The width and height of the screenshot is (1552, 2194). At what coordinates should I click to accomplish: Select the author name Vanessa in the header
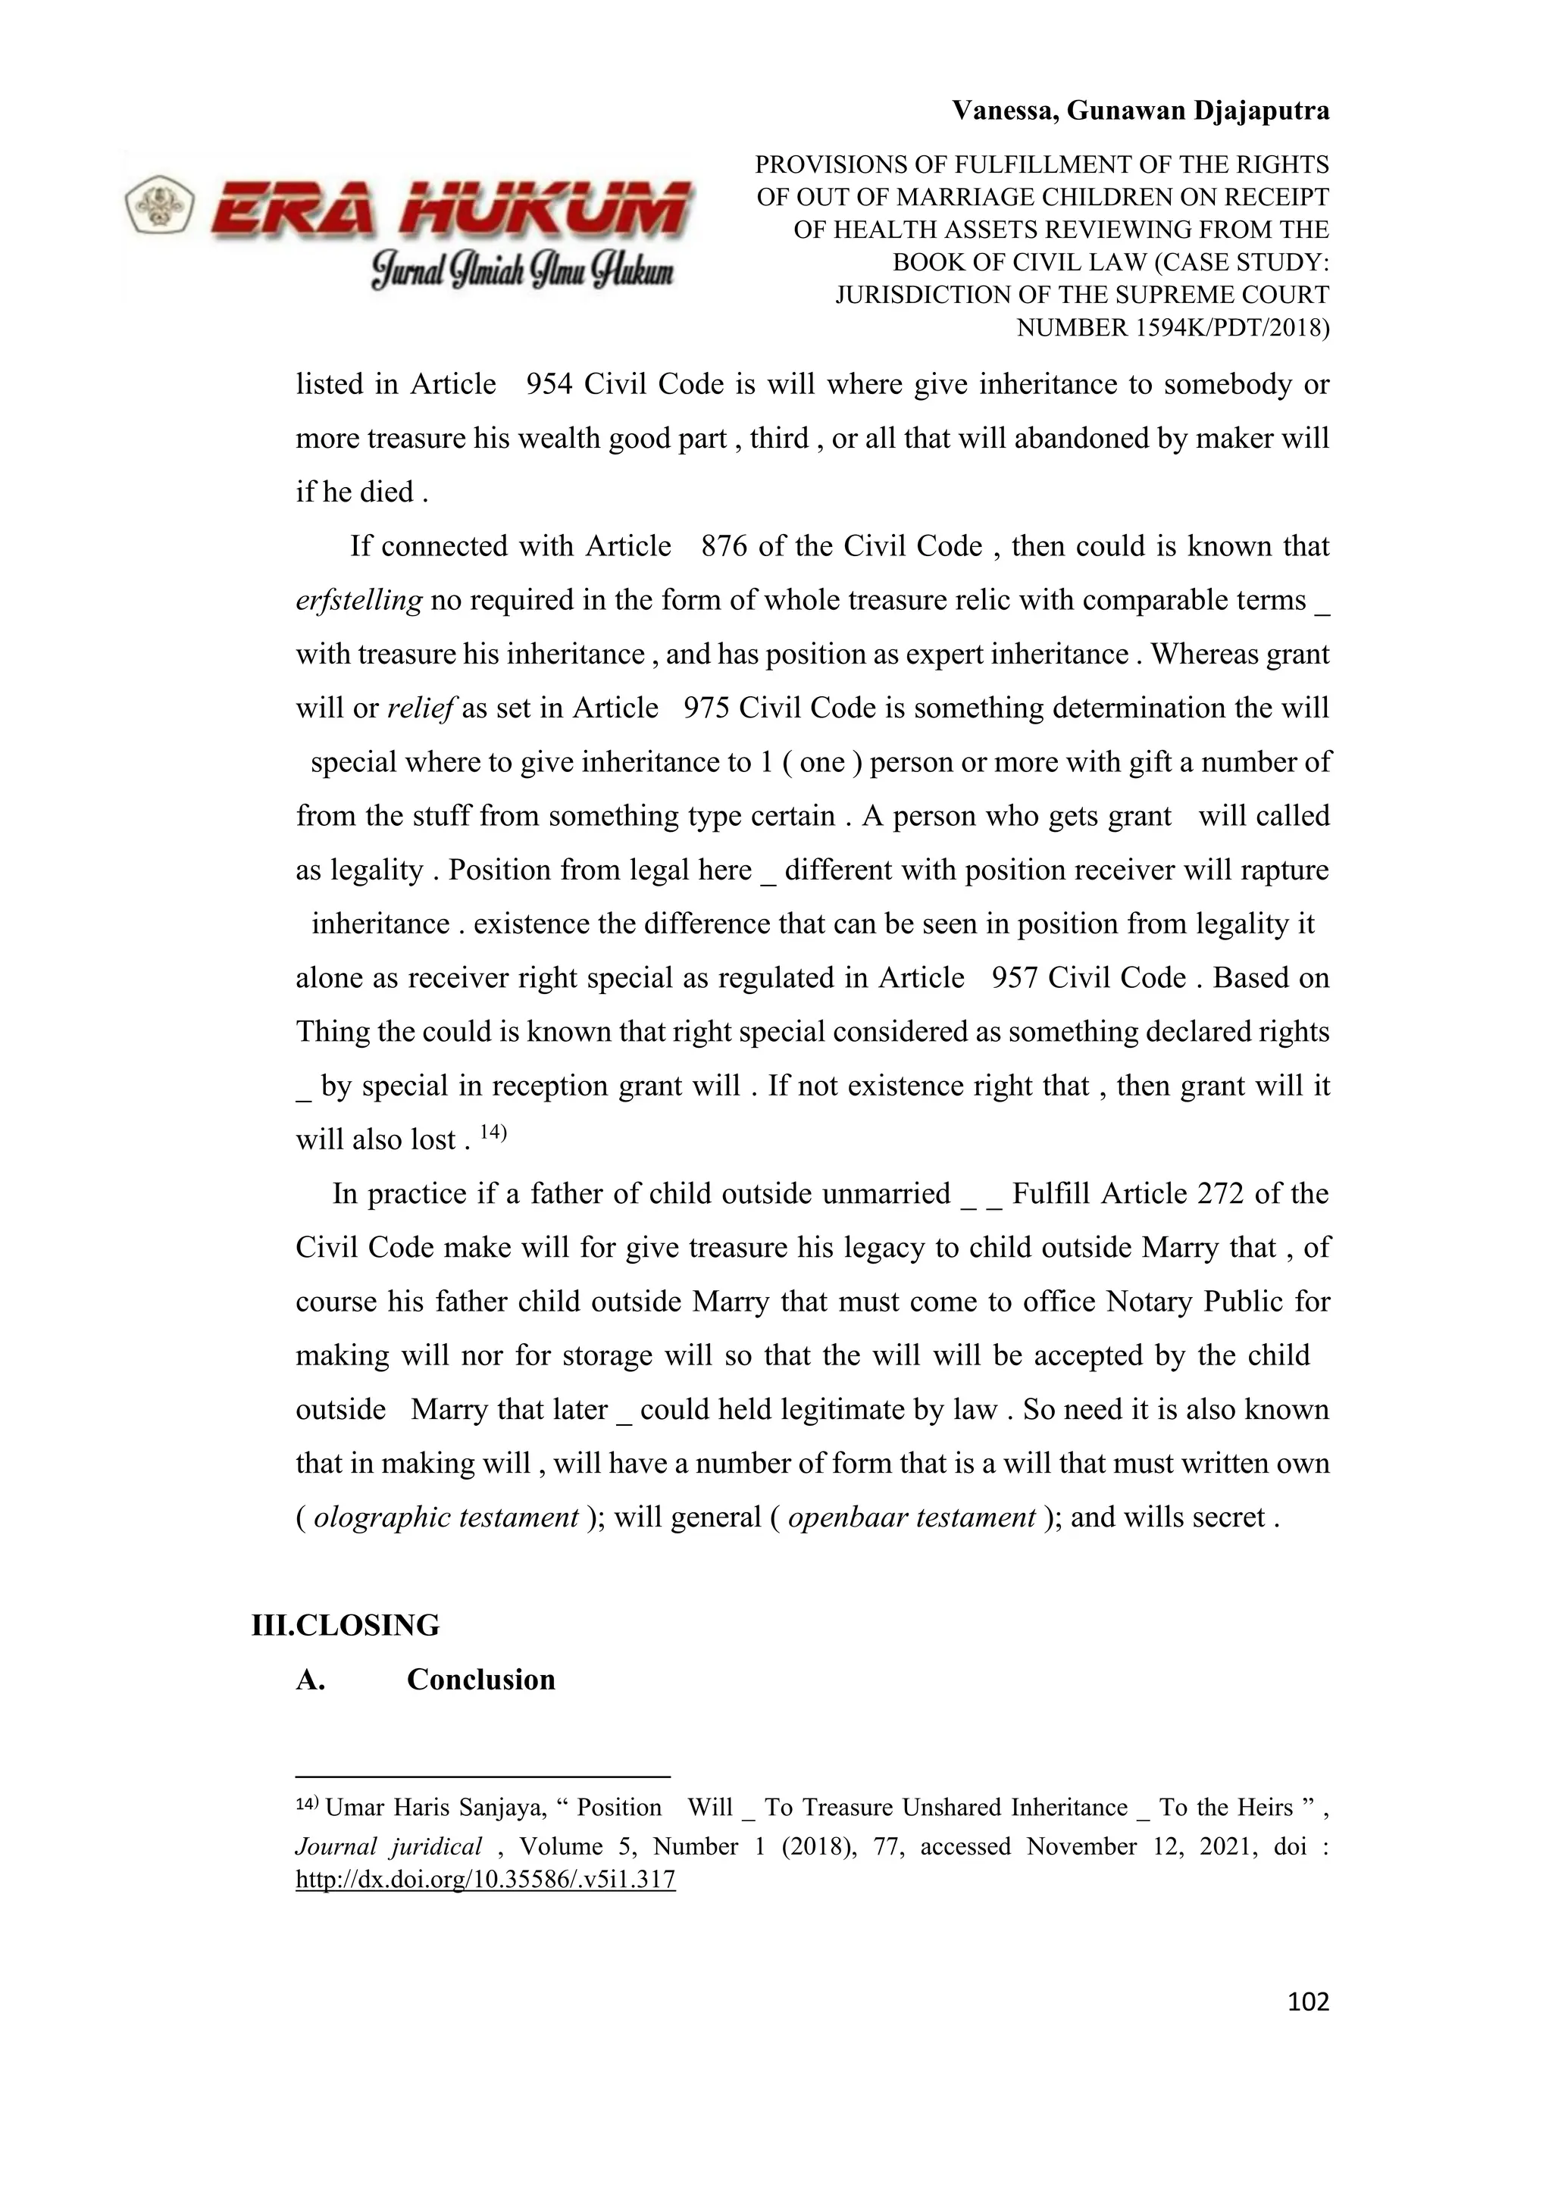(1003, 111)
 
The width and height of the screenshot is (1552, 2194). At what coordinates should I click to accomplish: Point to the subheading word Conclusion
(480, 1679)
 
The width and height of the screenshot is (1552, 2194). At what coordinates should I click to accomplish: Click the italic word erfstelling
(358, 600)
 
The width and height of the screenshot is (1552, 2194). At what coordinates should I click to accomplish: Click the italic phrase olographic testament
(446, 1517)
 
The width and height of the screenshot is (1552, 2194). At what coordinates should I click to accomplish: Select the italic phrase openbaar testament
(912, 1517)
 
